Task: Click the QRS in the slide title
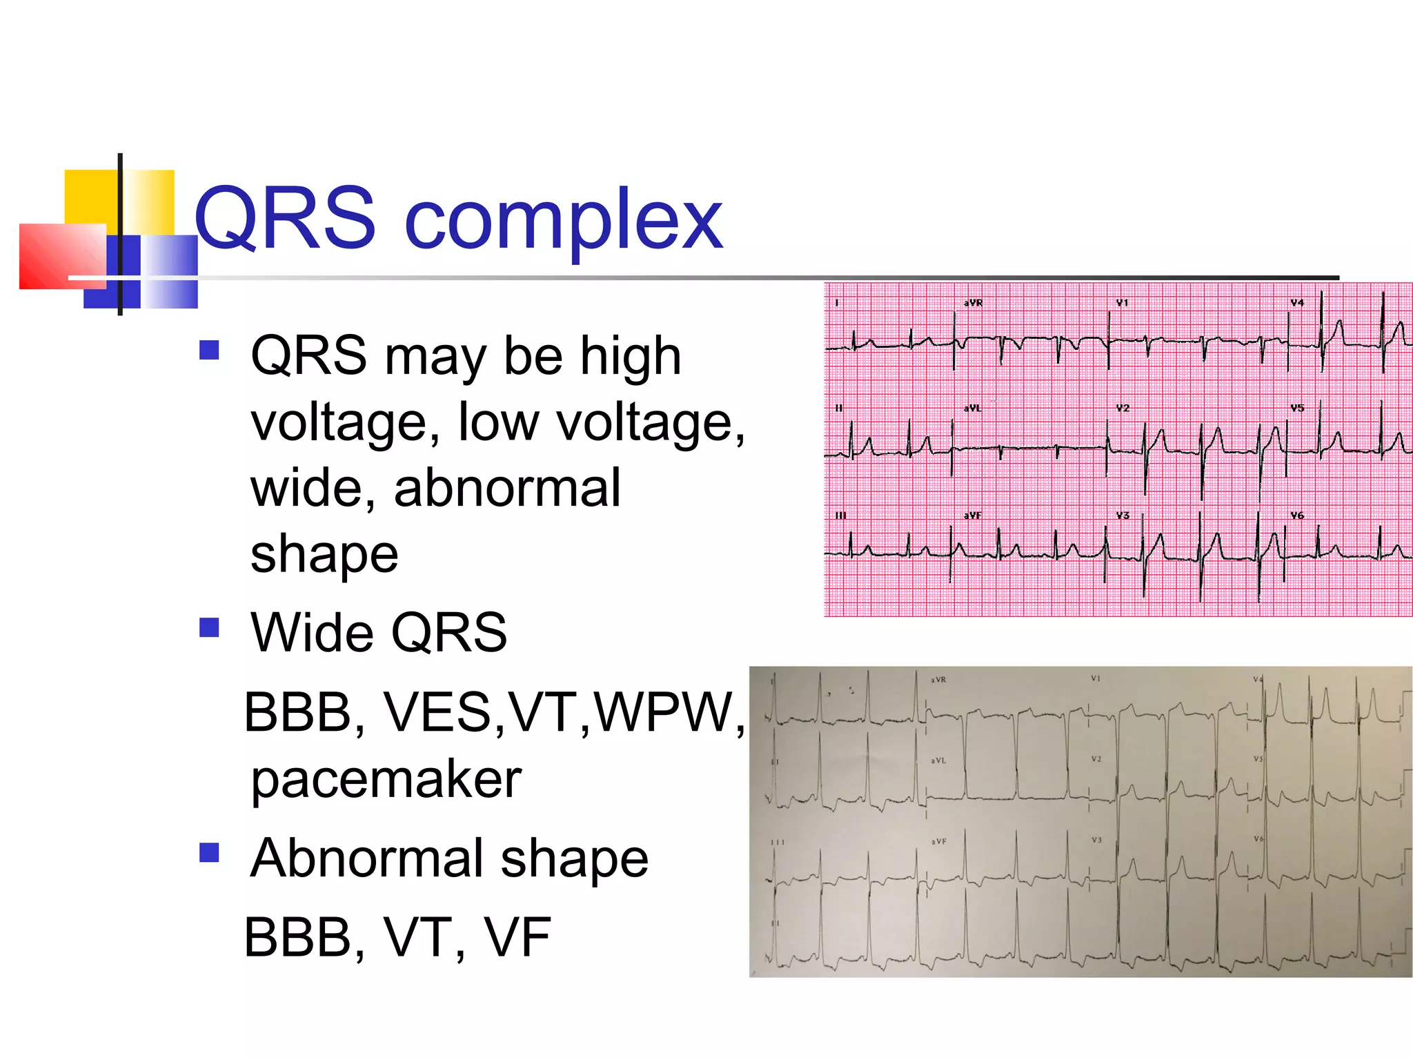click(284, 219)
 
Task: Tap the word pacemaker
click(386, 779)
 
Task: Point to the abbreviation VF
click(517, 937)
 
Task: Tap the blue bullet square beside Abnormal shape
click(208, 853)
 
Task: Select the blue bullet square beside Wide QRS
click(208, 627)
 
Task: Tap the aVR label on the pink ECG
click(973, 303)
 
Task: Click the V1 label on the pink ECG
click(1122, 303)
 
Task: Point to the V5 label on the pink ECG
click(1297, 409)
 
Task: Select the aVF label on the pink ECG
click(972, 516)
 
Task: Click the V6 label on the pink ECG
click(1297, 516)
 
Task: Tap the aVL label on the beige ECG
click(938, 760)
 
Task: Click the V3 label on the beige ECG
click(1096, 840)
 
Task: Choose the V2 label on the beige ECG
click(1096, 759)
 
